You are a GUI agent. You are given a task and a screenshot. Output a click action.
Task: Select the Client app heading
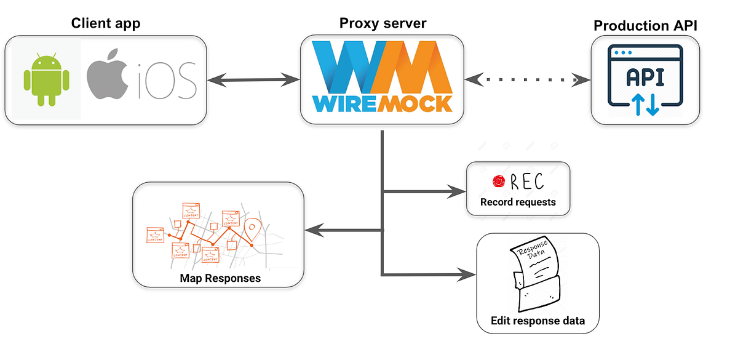105,23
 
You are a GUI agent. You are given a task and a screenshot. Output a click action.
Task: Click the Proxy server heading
383,23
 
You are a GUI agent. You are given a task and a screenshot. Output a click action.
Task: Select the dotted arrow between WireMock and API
528,79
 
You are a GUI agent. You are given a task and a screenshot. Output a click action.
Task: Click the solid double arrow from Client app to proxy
253,80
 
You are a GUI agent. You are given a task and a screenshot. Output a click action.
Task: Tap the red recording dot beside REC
498,182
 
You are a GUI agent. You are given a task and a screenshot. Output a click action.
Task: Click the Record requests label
518,202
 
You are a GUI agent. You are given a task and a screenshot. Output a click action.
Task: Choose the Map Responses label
220,278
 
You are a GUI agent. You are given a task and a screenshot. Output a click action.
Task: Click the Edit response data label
538,321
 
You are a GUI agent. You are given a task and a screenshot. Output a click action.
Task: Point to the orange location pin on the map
251,230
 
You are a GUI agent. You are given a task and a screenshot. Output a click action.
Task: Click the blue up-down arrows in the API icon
645,105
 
